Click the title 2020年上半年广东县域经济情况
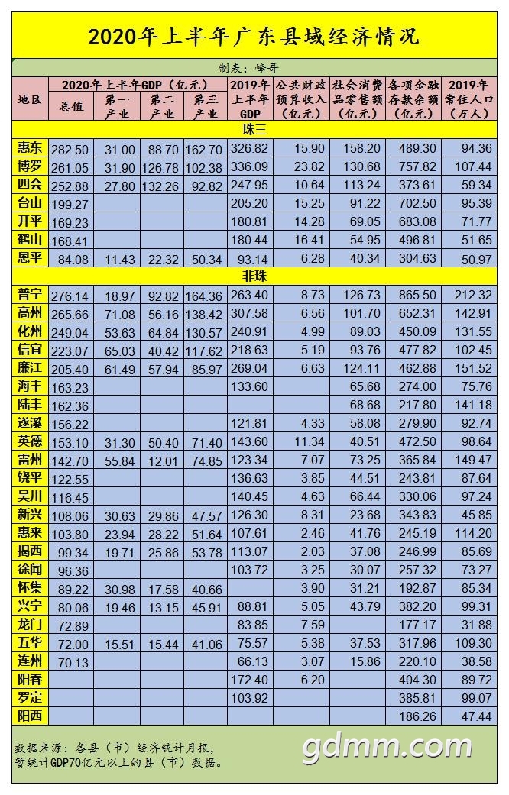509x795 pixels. tap(254, 36)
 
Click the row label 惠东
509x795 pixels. tap(31, 148)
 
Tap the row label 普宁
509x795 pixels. tap(31, 295)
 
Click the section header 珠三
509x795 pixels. tap(254, 130)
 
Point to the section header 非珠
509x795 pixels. tap(254, 276)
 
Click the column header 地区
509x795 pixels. tap(31, 99)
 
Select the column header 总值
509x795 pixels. tap(70, 108)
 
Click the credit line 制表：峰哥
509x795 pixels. tap(254, 67)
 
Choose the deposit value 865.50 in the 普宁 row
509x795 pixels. tap(413, 296)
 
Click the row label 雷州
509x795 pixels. tap(31, 460)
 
